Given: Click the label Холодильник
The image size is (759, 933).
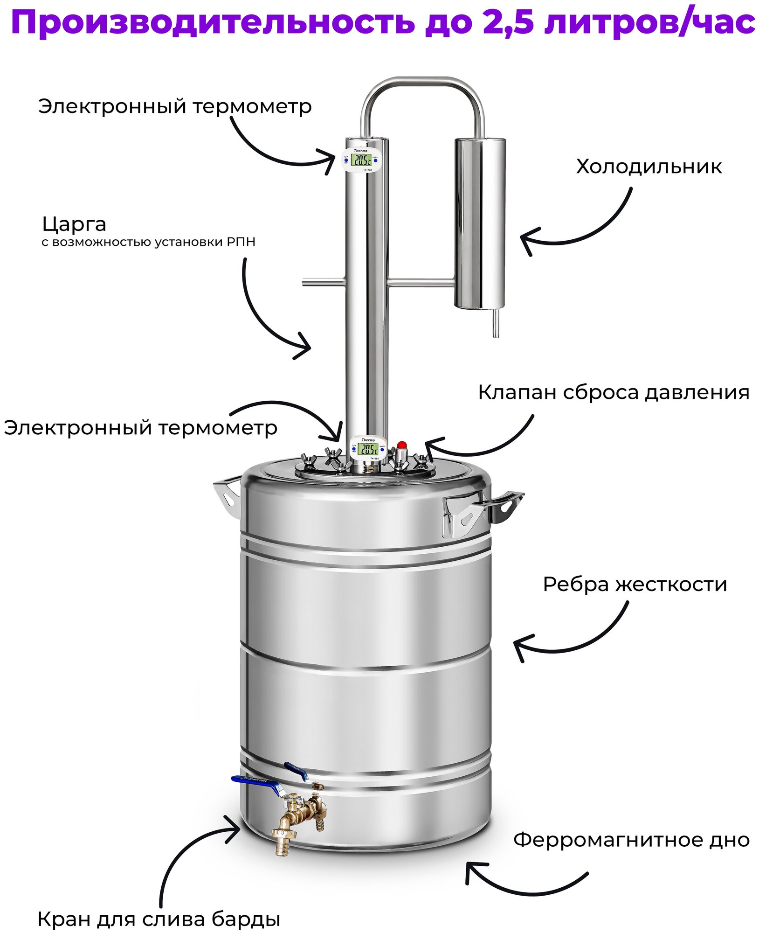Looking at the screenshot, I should [x=649, y=167].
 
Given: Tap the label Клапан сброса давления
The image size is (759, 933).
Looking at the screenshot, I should [x=613, y=393].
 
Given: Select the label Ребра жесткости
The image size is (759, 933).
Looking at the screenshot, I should [x=635, y=585].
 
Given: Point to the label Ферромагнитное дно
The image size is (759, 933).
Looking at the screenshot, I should [x=631, y=840].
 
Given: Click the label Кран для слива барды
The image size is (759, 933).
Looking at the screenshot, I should [x=159, y=919].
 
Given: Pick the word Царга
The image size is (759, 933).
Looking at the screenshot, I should [x=74, y=224].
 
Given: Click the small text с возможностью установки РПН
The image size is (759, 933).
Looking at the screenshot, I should [x=148, y=242].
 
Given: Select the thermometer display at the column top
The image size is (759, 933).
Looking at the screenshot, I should [x=362, y=160].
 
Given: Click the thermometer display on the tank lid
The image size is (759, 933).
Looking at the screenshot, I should [x=369, y=449].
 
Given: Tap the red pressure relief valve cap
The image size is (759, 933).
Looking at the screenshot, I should [x=401, y=444].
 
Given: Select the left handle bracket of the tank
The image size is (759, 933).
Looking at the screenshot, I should [x=227, y=495].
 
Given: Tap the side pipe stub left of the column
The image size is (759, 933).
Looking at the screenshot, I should [x=323, y=282].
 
